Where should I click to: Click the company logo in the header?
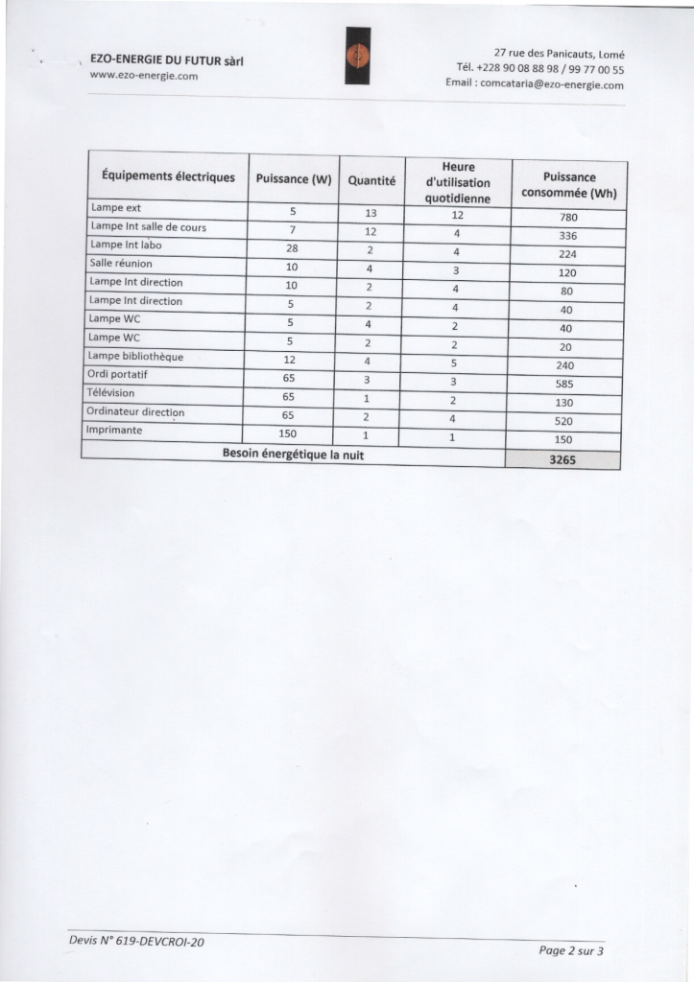point(357,56)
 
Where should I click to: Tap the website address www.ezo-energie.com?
point(143,75)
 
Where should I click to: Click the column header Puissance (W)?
point(293,179)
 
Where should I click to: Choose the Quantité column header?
point(371,180)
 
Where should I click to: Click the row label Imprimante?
point(115,431)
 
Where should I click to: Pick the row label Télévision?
point(112,393)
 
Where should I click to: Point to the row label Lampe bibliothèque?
point(136,357)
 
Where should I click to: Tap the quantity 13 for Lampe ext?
point(371,213)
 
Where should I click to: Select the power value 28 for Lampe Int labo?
point(292,248)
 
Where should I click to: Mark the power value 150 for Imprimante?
point(288,433)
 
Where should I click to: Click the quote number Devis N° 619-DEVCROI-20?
point(136,942)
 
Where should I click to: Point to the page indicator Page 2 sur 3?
point(572,950)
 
